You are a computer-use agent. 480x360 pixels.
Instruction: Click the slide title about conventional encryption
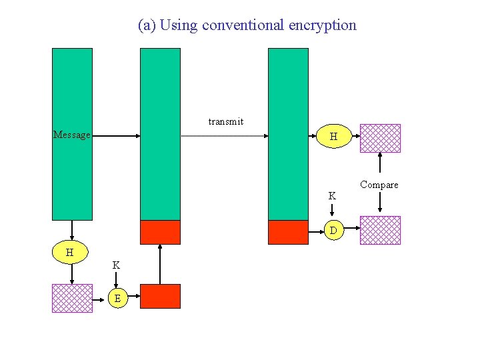[247, 25]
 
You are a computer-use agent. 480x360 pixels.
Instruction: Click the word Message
[71, 135]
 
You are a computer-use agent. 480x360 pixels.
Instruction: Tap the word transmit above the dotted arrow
[226, 121]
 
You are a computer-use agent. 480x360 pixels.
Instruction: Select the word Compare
[379, 185]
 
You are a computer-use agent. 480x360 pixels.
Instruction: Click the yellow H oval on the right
[333, 137]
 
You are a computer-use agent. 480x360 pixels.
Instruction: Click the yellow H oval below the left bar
[70, 252]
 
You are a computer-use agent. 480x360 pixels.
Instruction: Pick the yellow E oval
[117, 298]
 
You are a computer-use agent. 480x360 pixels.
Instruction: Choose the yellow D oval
[333, 231]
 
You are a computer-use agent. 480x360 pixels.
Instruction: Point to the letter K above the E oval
[116, 265]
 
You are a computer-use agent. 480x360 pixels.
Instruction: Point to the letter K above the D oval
[332, 196]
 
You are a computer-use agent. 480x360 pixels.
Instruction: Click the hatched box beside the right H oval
[380, 138]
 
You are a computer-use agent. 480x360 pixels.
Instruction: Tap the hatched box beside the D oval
[380, 230]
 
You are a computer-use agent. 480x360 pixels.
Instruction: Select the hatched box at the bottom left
[72, 298]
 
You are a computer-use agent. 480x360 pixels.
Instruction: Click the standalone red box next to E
[160, 296]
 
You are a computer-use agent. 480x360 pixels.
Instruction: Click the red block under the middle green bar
[160, 232]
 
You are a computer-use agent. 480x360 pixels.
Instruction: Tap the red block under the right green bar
[288, 232]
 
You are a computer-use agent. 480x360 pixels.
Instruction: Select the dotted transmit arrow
[224, 136]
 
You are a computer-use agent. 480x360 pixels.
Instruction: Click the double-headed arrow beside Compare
[380, 183]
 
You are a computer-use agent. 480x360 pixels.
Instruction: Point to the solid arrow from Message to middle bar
[115, 136]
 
